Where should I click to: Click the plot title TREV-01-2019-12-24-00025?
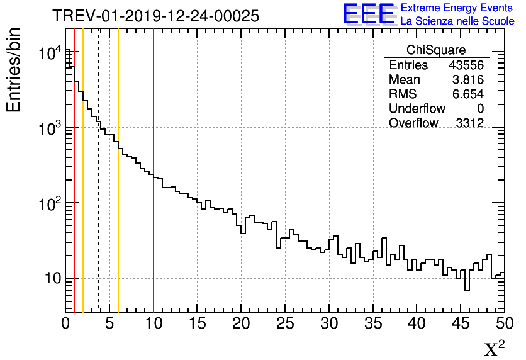tap(155, 16)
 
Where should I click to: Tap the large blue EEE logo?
tap(369, 14)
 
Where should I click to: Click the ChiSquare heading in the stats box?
tap(436, 50)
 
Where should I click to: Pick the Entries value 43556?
tap(466, 65)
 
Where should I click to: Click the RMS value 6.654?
tap(469, 94)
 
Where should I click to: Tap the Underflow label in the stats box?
tap(417, 109)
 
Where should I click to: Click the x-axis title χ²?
tap(494, 349)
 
